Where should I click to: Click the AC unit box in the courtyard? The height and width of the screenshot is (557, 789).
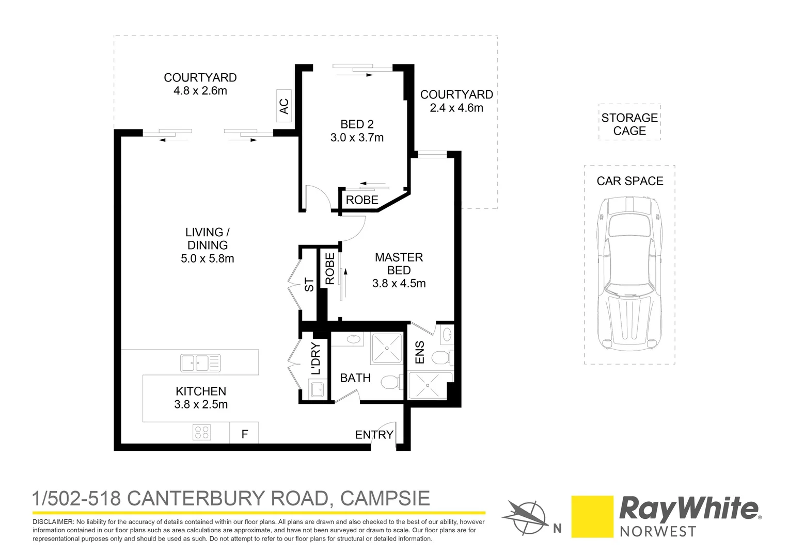point(284,106)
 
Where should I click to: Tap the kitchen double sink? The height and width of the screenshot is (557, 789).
point(200,363)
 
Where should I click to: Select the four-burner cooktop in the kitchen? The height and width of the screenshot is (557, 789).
point(201,432)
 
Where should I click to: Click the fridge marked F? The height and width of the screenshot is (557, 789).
point(244,434)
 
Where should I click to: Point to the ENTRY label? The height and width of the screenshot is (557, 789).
point(374,435)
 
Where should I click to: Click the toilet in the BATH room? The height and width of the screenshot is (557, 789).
point(390,382)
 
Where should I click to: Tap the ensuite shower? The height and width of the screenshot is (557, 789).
point(427,386)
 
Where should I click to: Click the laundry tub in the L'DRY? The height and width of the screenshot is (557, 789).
point(316,389)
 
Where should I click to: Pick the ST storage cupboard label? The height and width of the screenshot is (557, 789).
point(309,285)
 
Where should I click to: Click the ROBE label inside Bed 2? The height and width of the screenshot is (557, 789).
point(361,200)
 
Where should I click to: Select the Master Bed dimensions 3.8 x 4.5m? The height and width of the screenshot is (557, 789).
point(399,283)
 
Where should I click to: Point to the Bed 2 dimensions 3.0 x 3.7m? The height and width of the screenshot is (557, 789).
point(357,138)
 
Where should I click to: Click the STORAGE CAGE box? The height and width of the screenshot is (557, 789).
point(629,124)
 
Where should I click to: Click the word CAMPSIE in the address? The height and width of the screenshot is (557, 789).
point(385,498)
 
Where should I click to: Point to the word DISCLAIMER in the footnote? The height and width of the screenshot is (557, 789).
point(53,522)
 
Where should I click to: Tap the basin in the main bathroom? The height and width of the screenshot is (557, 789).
point(353,339)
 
